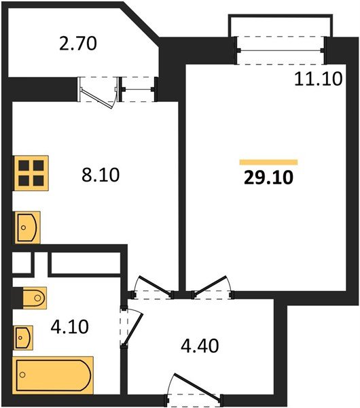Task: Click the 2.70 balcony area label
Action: point(79,45)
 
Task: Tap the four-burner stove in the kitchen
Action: point(31,172)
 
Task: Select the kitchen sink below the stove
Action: point(27,226)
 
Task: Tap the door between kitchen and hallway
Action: point(150,288)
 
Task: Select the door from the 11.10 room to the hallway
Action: point(213,288)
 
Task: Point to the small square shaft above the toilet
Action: point(22,262)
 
